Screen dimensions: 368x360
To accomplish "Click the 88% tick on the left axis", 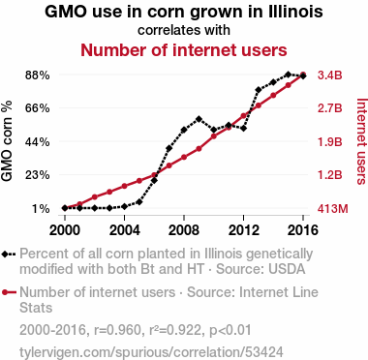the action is (x=37, y=75).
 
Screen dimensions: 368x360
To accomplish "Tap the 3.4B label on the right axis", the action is (x=329, y=75).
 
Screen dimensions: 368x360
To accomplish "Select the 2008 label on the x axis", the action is (x=184, y=230).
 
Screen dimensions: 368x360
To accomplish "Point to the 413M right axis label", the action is (x=332, y=209).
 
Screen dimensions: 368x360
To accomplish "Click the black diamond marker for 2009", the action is (x=199, y=119).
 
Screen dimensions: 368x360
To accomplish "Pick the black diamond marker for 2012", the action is (x=243, y=129).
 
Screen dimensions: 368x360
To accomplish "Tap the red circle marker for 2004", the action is (x=124, y=186).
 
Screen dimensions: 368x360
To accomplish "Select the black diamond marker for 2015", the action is (x=289, y=75).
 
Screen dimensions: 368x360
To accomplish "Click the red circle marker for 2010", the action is (x=214, y=136).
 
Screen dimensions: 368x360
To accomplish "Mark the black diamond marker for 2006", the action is (x=154, y=180).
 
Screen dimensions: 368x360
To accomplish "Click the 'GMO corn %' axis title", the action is (x=7, y=141).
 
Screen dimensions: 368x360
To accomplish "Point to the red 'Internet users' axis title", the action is (x=362, y=141).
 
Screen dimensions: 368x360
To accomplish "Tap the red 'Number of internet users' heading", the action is (x=184, y=50).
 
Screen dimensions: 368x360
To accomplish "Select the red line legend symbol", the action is (x=9, y=292).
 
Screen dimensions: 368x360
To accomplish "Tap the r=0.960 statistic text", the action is (x=117, y=330).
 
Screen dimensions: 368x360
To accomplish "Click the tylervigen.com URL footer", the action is (x=151, y=351).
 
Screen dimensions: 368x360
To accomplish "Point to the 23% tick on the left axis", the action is (x=37, y=175).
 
